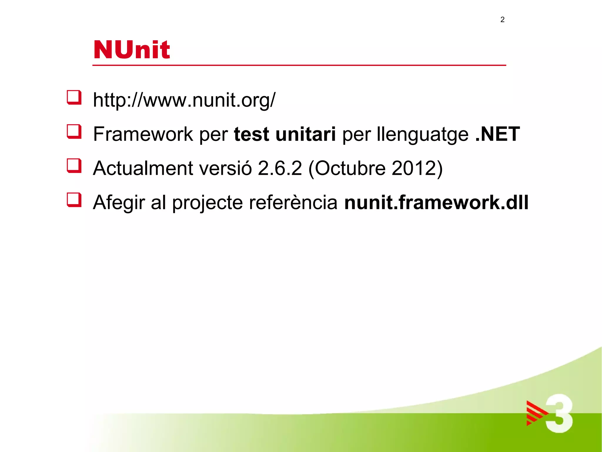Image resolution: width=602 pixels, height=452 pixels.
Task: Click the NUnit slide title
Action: tap(131, 49)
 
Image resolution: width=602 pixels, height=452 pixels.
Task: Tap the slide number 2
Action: tap(502, 20)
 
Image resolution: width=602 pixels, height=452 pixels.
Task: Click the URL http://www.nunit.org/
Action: tap(184, 100)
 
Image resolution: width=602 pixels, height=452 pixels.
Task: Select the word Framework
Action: tap(143, 134)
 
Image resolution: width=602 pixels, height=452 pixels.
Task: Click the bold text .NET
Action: tap(497, 134)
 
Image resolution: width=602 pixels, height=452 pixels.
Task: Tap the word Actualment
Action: tap(143, 168)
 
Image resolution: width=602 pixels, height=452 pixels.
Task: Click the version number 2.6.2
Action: tap(280, 168)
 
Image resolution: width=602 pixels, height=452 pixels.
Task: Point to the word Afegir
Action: tap(119, 203)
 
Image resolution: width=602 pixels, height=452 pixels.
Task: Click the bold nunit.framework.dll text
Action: tap(436, 202)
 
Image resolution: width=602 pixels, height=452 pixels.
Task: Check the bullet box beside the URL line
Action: tap(74, 97)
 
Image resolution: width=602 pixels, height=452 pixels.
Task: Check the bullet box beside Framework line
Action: tap(74, 131)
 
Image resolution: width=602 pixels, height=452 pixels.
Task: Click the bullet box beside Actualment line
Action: tap(74, 165)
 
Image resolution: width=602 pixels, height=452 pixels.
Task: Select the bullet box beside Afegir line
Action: tap(74, 200)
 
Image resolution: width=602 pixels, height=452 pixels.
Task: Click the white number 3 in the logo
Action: tap(559, 413)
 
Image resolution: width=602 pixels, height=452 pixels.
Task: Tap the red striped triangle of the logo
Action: tap(535, 413)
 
